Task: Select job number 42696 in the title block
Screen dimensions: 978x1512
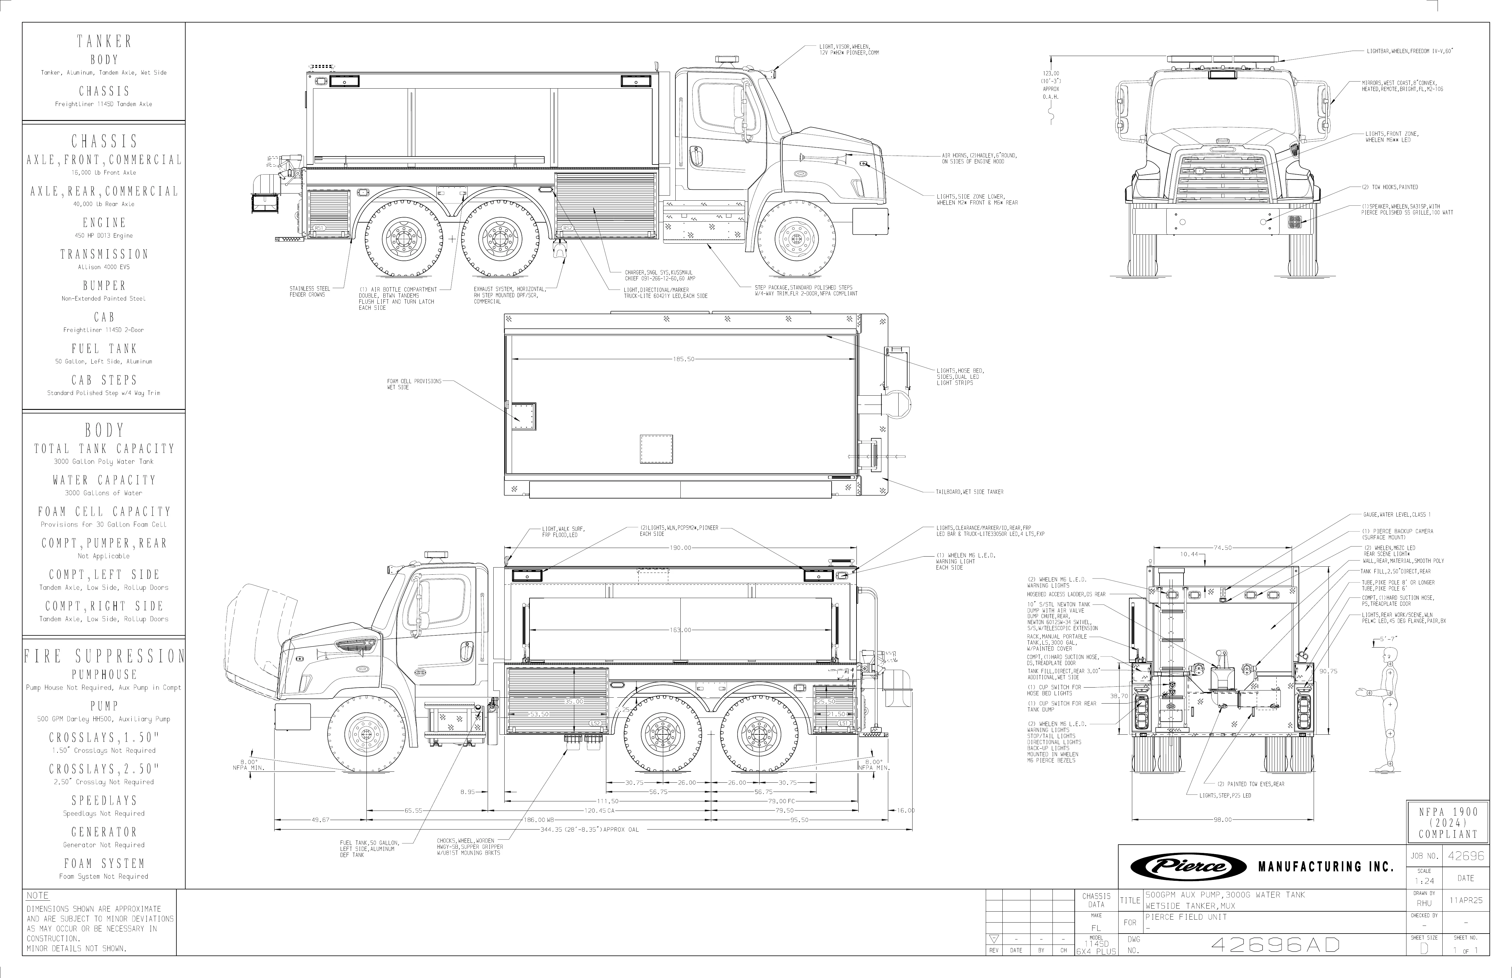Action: coord(1466,856)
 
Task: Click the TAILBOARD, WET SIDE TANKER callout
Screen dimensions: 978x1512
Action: coord(969,492)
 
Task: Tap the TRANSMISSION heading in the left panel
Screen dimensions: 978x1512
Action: coord(104,254)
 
